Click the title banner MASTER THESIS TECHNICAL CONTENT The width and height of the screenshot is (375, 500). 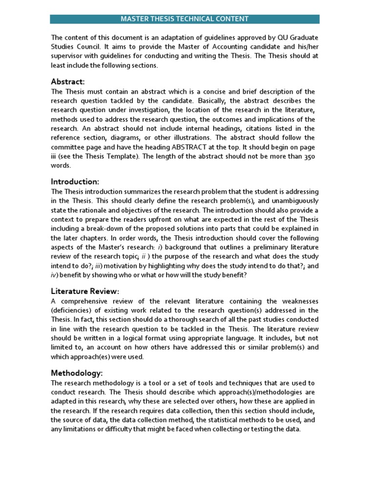click(185, 19)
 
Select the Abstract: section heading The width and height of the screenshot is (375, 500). click(68, 82)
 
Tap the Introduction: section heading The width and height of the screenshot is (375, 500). click(75, 182)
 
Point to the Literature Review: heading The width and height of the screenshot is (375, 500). click(85, 291)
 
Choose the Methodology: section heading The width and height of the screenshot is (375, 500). click(77, 373)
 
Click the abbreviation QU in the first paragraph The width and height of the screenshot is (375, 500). click(266, 38)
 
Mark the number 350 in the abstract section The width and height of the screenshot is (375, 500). click(308, 156)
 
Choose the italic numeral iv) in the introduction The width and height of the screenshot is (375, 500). click(55, 275)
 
